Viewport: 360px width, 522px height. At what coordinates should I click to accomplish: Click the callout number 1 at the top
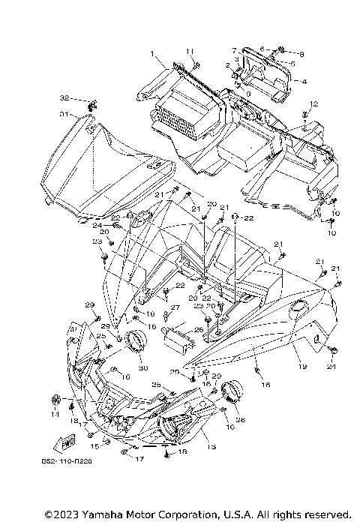(x=151, y=54)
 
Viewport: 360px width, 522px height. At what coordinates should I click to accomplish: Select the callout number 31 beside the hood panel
(x=64, y=115)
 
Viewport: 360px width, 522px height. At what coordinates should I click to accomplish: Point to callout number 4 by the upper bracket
(x=304, y=81)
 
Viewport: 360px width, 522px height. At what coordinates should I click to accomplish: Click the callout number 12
(x=314, y=103)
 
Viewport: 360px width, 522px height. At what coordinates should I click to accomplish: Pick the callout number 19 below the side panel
(x=304, y=367)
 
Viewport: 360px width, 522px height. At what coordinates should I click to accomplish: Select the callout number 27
(x=175, y=307)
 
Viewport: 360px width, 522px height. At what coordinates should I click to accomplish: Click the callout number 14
(x=55, y=413)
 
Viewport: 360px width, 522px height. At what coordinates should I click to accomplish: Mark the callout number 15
(x=95, y=445)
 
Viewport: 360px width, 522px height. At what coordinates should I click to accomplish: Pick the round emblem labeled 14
(x=54, y=397)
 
